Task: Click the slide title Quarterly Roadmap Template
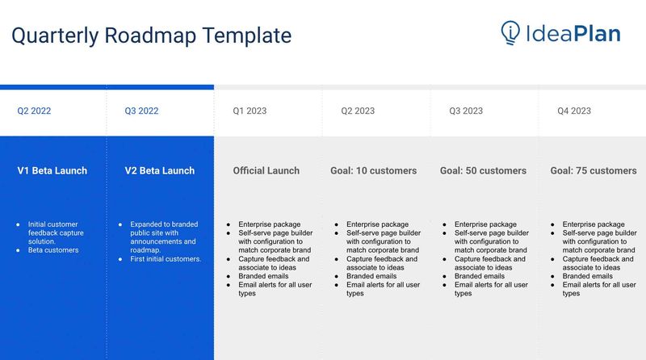[151, 36]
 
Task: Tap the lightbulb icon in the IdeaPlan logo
[510, 32]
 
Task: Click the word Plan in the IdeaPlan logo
[598, 34]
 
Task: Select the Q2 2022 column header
[34, 111]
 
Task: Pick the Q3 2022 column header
[141, 111]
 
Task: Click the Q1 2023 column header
[250, 111]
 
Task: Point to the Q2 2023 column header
[358, 111]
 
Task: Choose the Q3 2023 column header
[466, 111]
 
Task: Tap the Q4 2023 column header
[574, 111]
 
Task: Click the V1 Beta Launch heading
[52, 171]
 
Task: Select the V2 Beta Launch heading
[160, 171]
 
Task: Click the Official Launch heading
[266, 171]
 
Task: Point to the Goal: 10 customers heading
[374, 171]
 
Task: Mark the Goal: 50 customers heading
[483, 171]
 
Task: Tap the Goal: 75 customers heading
[594, 171]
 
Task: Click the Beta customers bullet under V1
[53, 250]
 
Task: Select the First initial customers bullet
[166, 259]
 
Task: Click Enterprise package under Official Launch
[270, 224]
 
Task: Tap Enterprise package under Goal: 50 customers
[485, 224]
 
